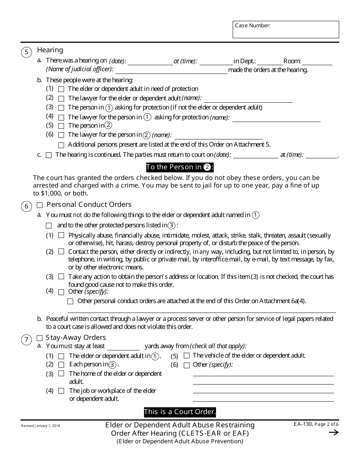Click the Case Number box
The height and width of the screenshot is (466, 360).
click(x=286, y=30)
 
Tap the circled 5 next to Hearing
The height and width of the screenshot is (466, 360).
click(x=26, y=52)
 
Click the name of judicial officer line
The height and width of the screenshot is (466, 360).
click(x=171, y=70)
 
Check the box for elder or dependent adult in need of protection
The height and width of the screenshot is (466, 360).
click(x=61, y=89)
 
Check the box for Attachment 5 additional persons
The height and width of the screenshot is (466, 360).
click(x=61, y=145)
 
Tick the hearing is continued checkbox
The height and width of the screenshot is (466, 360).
click(x=49, y=155)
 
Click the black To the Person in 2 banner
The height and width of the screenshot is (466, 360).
click(x=180, y=167)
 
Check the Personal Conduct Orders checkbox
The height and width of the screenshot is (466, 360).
click(x=39, y=205)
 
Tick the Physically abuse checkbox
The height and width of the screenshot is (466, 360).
click(x=61, y=235)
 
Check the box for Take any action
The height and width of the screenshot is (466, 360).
click(x=61, y=277)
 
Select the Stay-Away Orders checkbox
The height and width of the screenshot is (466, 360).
click(x=39, y=338)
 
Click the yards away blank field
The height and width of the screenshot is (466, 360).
click(x=124, y=347)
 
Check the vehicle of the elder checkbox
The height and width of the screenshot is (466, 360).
click(x=186, y=356)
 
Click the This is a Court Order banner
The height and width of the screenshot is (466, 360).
click(x=180, y=412)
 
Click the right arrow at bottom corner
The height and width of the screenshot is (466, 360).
click(x=333, y=433)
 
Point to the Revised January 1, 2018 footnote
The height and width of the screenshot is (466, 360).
click(x=41, y=426)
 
